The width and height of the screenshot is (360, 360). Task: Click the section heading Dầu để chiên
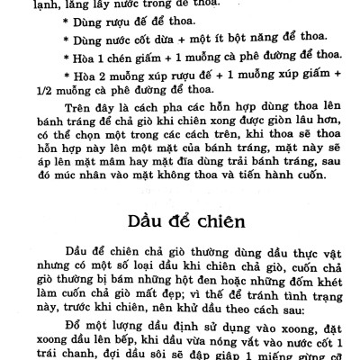[182, 220]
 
